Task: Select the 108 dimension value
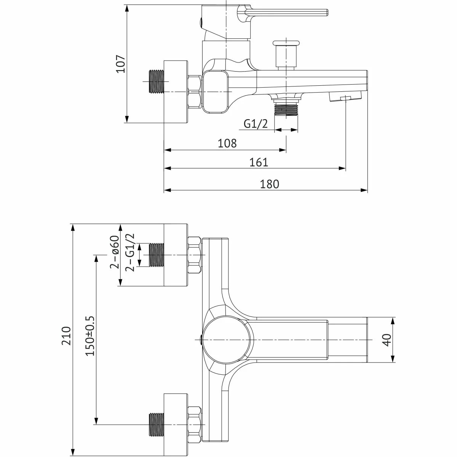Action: coord(227,143)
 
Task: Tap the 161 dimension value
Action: coord(259,163)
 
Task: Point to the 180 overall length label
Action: coord(269,184)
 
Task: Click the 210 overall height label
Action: coord(66,336)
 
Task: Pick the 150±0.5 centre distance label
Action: coord(90,336)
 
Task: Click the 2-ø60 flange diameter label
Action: coord(114,252)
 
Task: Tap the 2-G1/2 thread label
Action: coord(130,252)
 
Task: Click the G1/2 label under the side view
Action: coord(256,124)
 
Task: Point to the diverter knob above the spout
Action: coord(287,54)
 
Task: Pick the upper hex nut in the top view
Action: coord(195,255)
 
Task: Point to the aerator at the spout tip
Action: coord(345,97)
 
